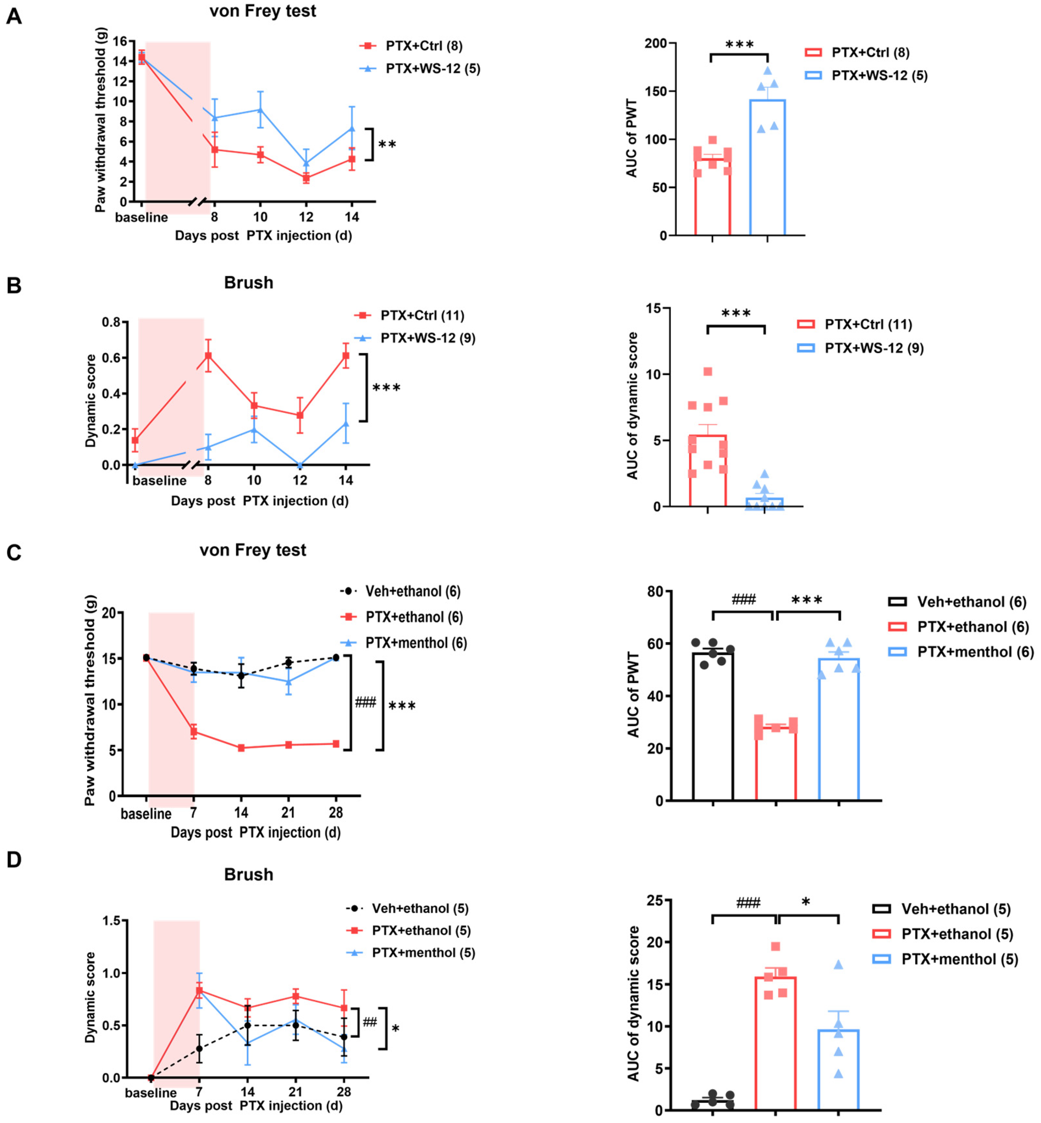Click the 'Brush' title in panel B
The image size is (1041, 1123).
(248, 282)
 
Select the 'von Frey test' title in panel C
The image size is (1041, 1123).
(252, 550)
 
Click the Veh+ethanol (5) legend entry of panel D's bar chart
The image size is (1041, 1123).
(955, 909)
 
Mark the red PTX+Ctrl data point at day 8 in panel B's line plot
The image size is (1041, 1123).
(208, 356)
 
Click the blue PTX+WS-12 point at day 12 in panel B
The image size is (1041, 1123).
(300, 465)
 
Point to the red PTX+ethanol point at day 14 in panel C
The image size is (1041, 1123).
(241, 748)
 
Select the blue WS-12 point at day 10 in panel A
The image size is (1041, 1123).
(260, 109)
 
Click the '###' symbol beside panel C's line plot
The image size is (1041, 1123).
(365, 703)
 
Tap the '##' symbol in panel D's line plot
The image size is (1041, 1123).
(370, 1022)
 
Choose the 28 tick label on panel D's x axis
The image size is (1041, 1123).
(344, 1092)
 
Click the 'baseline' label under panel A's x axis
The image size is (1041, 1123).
(141, 217)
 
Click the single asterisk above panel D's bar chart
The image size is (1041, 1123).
(805, 902)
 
